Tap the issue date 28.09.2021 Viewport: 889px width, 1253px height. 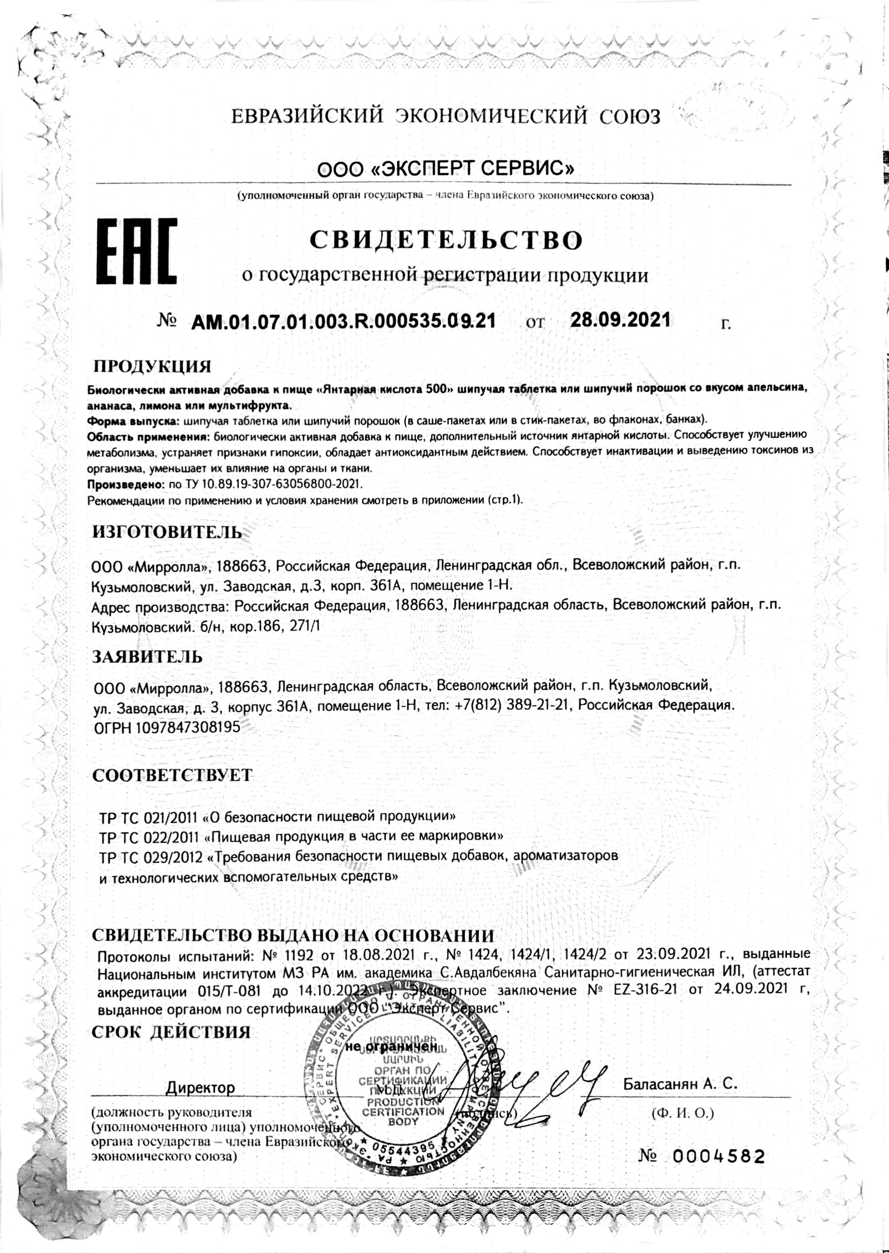point(620,320)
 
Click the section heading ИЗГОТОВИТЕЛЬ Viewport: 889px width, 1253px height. point(167,532)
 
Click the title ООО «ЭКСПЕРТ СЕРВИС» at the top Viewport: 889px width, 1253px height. point(446,168)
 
